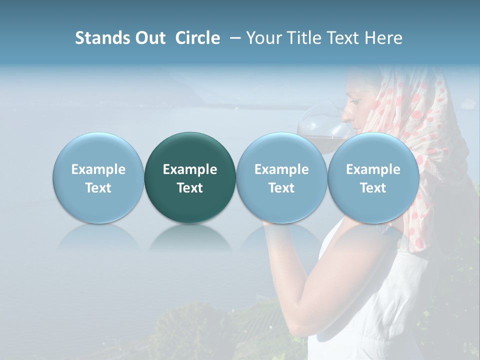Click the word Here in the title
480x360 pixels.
coord(385,38)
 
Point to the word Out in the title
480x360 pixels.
coord(149,38)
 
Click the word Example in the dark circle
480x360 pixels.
coord(190,169)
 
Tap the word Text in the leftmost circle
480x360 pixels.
coord(98,188)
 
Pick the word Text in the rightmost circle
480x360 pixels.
coord(373,188)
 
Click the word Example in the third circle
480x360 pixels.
coord(281,169)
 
